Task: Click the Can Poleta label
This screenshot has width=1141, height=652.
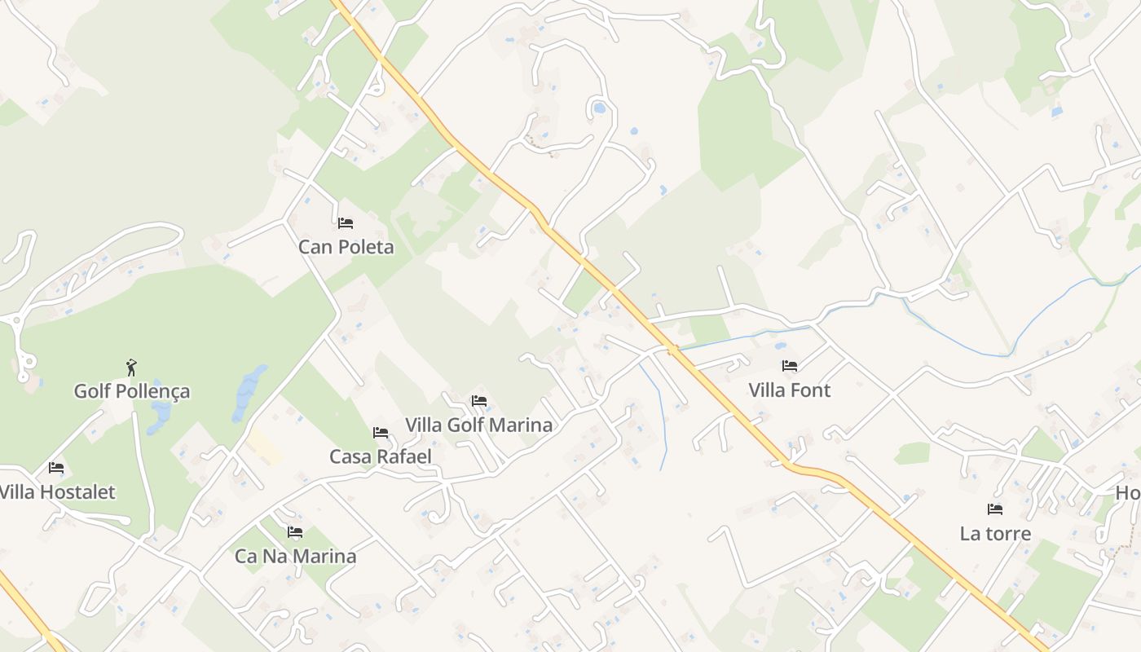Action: [x=346, y=247]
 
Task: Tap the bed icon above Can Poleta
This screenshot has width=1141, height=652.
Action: [x=346, y=223]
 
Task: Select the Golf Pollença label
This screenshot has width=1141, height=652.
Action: [x=132, y=391]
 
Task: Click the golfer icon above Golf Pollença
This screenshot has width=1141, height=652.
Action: [x=131, y=368]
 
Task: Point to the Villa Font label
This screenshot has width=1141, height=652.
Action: [x=789, y=390]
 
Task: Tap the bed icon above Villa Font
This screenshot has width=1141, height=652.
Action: [x=789, y=366]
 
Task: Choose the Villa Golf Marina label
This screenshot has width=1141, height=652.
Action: [x=478, y=425]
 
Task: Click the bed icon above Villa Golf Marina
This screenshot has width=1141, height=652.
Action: [x=479, y=401]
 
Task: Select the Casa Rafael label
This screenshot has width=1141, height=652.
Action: [x=380, y=456]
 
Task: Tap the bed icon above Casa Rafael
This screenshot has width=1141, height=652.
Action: [x=380, y=433]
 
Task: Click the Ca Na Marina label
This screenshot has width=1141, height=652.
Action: [x=295, y=557]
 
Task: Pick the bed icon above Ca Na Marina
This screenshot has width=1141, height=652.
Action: [x=295, y=532]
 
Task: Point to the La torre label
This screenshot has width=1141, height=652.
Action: [x=995, y=534]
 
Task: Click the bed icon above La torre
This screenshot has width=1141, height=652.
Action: [x=995, y=509]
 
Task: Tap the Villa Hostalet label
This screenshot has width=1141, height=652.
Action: [x=57, y=492]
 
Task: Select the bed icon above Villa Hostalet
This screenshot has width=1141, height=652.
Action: [x=56, y=468]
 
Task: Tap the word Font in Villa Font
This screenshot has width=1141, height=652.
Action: [x=812, y=390]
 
